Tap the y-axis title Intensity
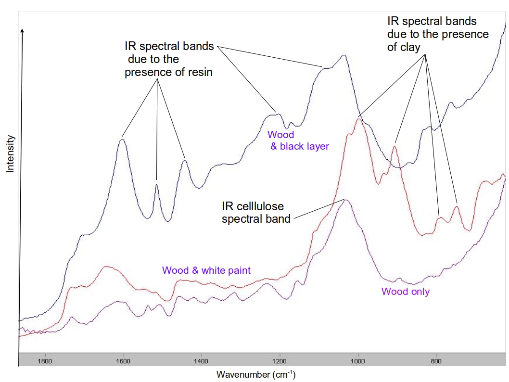pos(10,154)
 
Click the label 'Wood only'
pos(406,292)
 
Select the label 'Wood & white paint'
pos(206,270)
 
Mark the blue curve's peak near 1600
pos(122,140)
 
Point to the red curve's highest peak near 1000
pos(358,119)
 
